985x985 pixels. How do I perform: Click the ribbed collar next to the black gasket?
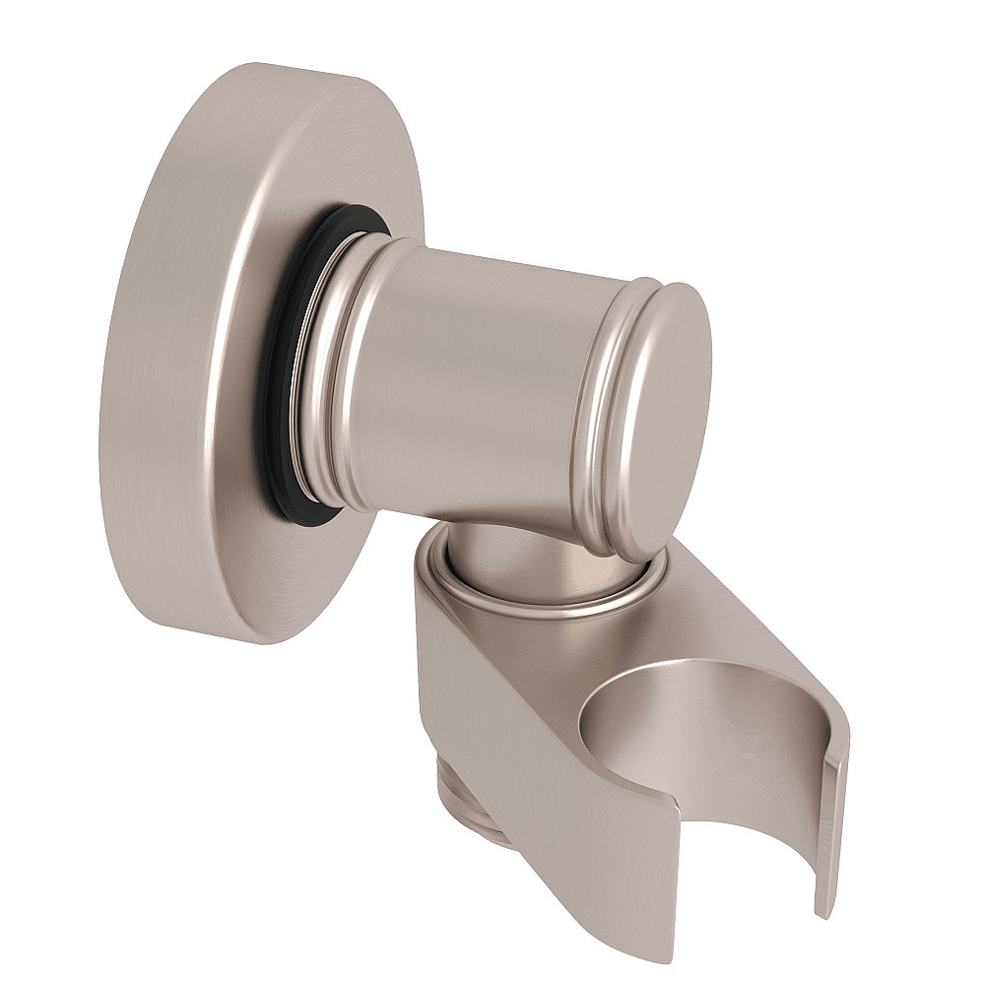point(330,374)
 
